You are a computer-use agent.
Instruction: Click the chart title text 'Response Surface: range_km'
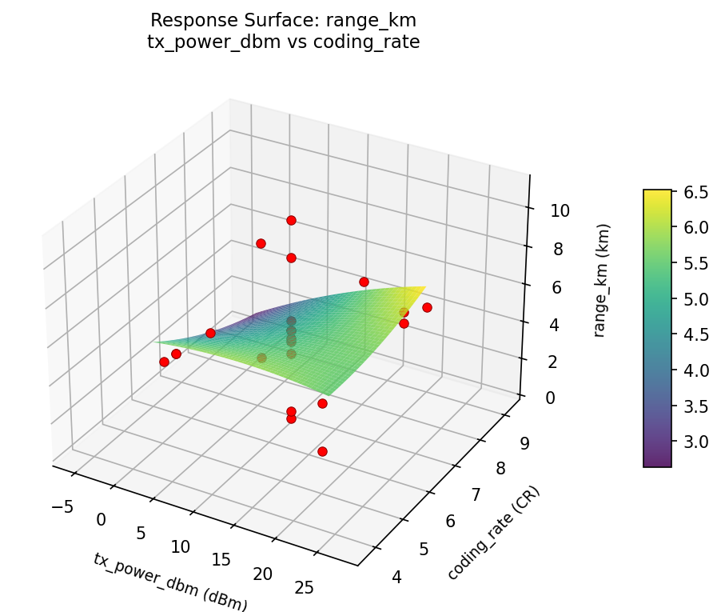(x=283, y=20)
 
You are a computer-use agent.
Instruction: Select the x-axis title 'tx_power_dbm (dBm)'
(x=170, y=582)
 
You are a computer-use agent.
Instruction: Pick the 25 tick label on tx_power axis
(x=305, y=588)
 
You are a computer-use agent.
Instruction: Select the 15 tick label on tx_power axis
(x=221, y=560)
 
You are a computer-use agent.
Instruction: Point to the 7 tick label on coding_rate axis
(x=476, y=495)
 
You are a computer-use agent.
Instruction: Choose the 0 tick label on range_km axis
(x=552, y=398)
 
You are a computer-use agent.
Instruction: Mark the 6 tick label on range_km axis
(x=555, y=287)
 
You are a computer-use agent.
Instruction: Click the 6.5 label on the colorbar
(x=695, y=192)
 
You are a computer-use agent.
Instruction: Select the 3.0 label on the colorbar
(x=695, y=442)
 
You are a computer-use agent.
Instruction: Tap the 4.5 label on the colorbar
(x=695, y=334)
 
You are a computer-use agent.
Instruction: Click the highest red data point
(x=291, y=220)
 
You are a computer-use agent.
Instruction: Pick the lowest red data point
(x=322, y=452)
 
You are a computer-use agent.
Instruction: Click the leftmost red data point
(x=164, y=362)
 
